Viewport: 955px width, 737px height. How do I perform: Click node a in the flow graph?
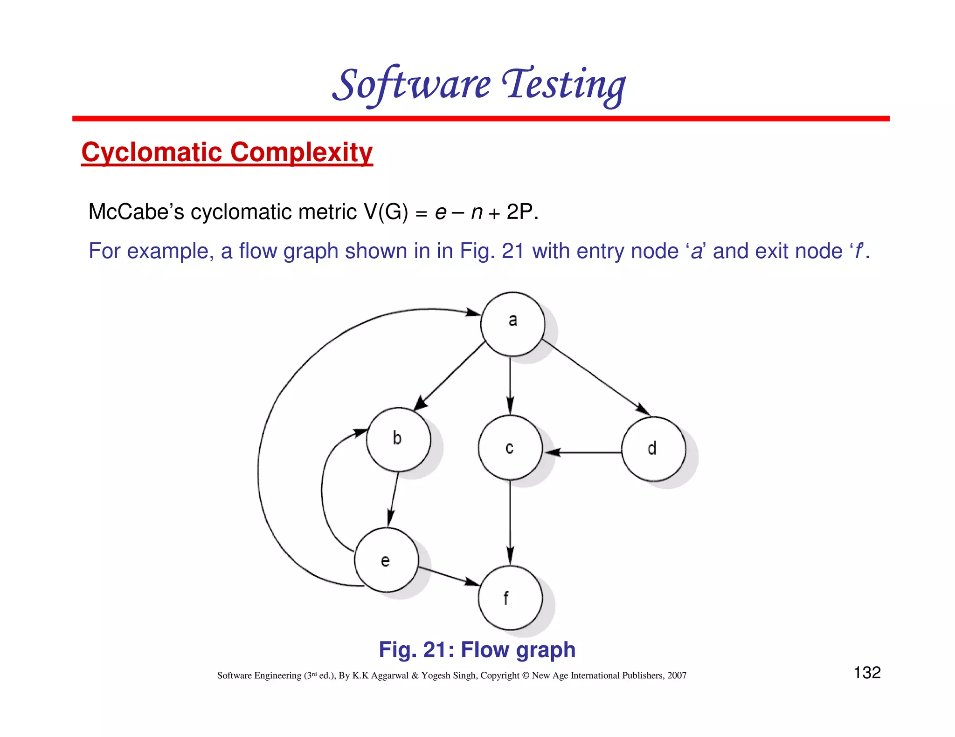[x=512, y=324]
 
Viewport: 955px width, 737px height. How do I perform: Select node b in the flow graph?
[x=398, y=439]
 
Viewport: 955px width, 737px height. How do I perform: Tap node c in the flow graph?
[x=510, y=448]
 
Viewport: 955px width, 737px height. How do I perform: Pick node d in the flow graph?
[x=654, y=449]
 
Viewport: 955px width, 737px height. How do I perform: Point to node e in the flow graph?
[x=386, y=560]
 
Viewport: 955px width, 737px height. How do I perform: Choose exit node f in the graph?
[x=510, y=598]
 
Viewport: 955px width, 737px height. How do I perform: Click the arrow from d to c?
[x=583, y=452]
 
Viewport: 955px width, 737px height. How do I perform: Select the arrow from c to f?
[x=510, y=522]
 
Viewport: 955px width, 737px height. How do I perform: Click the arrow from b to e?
[x=393, y=498]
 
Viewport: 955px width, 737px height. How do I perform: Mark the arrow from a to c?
[x=510, y=384]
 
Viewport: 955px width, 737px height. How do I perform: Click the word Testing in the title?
[x=564, y=85]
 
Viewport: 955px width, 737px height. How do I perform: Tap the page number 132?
[x=867, y=672]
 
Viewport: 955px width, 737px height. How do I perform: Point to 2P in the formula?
[x=520, y=212]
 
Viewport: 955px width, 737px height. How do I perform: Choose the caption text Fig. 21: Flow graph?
[x=477, y=649]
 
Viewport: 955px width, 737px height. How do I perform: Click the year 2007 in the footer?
[x=677, y=676]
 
